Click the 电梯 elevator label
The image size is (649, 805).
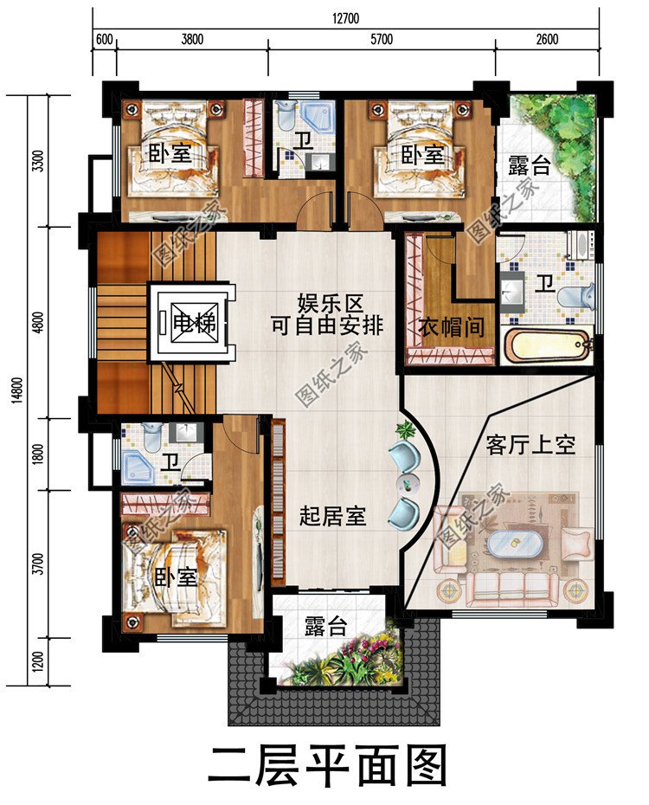(195, 323)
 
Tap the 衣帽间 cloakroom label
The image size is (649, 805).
(452, 326)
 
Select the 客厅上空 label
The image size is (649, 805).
(530, 445)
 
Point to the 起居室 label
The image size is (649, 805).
(332, 516)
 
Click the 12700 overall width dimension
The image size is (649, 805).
(345, 18)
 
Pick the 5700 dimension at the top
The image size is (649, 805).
(382, 40)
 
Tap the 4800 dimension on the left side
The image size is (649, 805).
(37, 322)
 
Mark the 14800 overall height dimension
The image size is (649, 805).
(17, 391)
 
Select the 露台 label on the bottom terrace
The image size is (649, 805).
(326, 627)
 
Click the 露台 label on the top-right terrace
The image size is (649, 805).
(530, 165)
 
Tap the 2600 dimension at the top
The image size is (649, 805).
(547, 40)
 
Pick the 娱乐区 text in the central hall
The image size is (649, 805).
(331, 304)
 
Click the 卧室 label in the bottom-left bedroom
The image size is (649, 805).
(176, 577)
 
